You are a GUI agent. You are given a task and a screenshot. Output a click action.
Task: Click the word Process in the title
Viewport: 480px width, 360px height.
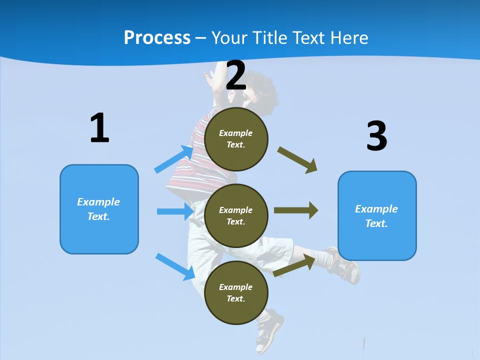[x=157, y=37]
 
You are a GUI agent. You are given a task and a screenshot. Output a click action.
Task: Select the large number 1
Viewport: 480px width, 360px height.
[x=99, y=128]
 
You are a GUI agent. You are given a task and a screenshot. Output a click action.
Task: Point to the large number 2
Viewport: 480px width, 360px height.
[x=236, y=75]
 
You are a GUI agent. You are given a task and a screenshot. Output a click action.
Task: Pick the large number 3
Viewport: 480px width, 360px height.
[x=376, y=136]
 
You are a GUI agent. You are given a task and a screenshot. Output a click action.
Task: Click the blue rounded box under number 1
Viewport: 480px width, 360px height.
[x=99, y=209]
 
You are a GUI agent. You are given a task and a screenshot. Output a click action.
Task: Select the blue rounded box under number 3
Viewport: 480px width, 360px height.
[x=377, y=215]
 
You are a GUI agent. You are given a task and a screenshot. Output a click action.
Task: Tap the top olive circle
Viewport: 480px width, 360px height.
[x=236, y=138]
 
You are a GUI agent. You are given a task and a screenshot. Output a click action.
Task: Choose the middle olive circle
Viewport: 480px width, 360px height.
[x=236, y=215]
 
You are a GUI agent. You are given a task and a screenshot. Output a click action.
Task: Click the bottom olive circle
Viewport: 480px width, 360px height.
[x=236, y=292]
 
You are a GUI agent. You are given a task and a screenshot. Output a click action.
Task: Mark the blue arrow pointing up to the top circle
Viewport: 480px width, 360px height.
[x=174, y=159]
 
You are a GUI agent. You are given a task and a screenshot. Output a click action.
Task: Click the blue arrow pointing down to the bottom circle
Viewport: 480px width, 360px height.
[x=175, y=266]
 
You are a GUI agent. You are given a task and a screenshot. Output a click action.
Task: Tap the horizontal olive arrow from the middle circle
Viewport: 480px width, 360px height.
[x=296, y=210]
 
